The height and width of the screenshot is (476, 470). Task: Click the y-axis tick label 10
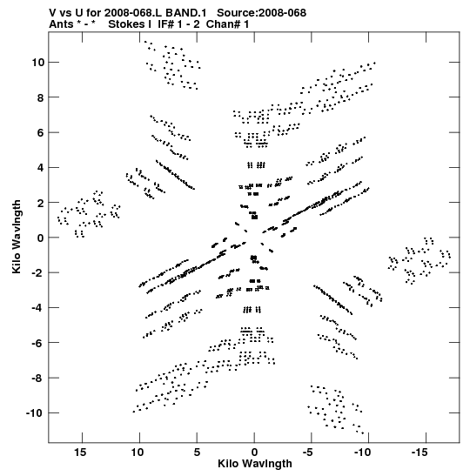(37, 63)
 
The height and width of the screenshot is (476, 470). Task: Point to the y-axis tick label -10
(35, 413)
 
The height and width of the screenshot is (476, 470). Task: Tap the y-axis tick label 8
(41, 97)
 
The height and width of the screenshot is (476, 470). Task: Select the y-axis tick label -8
(38, 379)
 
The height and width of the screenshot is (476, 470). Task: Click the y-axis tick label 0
(41, 238)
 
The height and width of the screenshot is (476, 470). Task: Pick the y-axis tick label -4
(38, 308)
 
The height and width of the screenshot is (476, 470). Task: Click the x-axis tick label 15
(80, 453)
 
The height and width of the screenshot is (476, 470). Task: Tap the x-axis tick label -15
(420, 453)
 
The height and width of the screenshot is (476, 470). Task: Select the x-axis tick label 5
(197, 453)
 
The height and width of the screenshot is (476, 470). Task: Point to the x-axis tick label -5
(307, 453)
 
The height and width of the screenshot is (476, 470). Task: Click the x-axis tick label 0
(254, 453)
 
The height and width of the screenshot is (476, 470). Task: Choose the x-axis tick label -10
(363, 453)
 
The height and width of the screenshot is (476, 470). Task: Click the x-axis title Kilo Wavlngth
(255, 464)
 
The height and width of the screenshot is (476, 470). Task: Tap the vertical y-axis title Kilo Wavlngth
(17, 237)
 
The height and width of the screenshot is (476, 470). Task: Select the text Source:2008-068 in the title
(261, 13)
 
